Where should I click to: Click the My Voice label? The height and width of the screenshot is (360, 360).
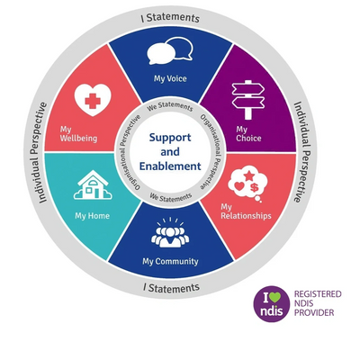[170, 79]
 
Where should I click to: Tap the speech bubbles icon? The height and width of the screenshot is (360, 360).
[170, 50]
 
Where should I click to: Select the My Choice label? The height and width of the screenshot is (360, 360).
[248, 134]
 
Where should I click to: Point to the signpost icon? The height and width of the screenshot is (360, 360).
[248, 99]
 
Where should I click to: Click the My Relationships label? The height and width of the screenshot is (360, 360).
[246, 211]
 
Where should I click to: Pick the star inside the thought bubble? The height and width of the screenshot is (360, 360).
[248, 175]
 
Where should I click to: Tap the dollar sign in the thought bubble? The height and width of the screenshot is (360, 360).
[255, 188]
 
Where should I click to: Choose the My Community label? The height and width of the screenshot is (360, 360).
[170, 262]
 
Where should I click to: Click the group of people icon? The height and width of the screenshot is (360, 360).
[170, 234]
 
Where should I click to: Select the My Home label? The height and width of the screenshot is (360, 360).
[92, 216]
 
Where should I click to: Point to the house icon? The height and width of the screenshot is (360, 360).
[93, 184]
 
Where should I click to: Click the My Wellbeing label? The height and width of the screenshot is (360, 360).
[78, 134]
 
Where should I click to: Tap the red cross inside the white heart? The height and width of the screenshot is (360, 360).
[93, 101]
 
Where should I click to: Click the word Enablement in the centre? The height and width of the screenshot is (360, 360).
[170, 166]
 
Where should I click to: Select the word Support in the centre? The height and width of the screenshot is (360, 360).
[170, 138]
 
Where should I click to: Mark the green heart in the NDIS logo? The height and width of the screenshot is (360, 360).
[274, 297]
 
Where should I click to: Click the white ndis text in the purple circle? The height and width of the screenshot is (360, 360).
[272, 310]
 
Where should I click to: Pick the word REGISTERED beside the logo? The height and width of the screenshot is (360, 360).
[318, 294]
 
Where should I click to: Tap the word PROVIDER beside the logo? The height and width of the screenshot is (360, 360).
[314, 313]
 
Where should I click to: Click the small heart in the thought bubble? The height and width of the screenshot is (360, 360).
[239, 186]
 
